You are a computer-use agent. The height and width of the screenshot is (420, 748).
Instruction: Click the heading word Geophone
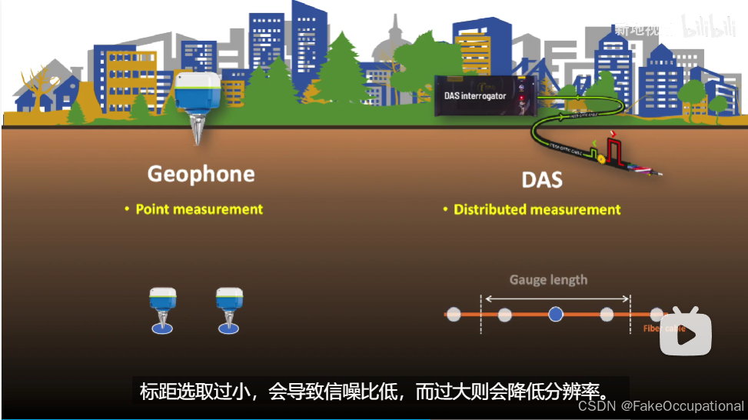201,174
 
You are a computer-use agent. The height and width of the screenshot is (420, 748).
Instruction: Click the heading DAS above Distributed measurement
542,180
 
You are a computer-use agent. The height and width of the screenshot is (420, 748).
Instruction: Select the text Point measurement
199,209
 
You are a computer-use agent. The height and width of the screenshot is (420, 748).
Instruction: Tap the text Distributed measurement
537,209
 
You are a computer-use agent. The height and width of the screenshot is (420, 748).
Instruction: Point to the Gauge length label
548,279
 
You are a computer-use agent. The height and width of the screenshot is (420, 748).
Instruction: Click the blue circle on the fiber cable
556,314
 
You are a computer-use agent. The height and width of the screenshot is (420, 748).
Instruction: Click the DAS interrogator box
484,96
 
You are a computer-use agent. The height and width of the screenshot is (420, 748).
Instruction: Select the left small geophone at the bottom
162,309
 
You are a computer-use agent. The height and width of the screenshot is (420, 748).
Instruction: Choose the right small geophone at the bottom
229,309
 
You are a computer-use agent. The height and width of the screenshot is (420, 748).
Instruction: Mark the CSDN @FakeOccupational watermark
660,405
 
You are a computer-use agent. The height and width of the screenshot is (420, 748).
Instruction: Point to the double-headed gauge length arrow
556,298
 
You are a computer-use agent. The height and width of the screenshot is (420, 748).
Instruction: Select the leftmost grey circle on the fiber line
454,314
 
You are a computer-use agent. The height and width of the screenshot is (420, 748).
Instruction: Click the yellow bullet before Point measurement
128,209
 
